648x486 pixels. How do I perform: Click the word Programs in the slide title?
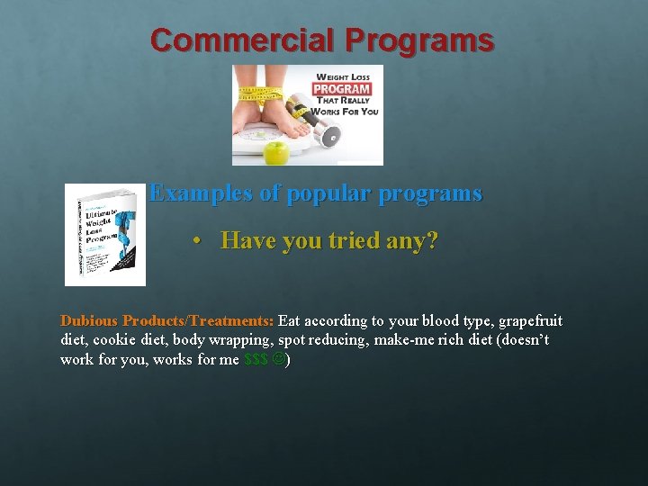(x=419, y=41)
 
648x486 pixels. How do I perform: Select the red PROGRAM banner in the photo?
(x=342, y=88)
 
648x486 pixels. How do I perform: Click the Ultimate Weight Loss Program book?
(x=104, y=235)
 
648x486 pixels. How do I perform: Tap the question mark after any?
(x=432, y=241)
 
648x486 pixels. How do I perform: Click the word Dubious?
(x=89, y=321)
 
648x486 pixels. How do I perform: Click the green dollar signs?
(x=256, y=360)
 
